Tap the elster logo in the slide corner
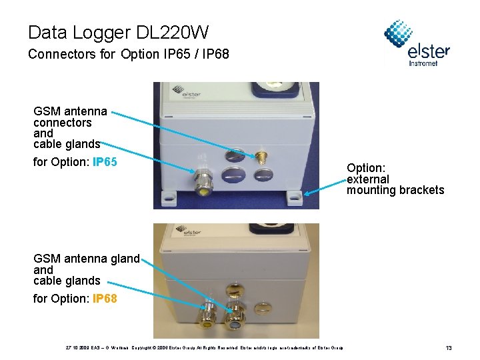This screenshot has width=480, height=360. (417, 44)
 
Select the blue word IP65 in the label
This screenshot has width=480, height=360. (105, 162)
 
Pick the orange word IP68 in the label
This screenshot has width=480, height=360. (105, 299)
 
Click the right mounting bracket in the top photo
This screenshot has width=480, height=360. (294, 199)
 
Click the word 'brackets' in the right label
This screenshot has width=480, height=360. (421, 190)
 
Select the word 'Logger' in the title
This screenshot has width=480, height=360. (107, 32)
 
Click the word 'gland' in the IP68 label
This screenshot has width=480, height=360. (125, 259)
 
